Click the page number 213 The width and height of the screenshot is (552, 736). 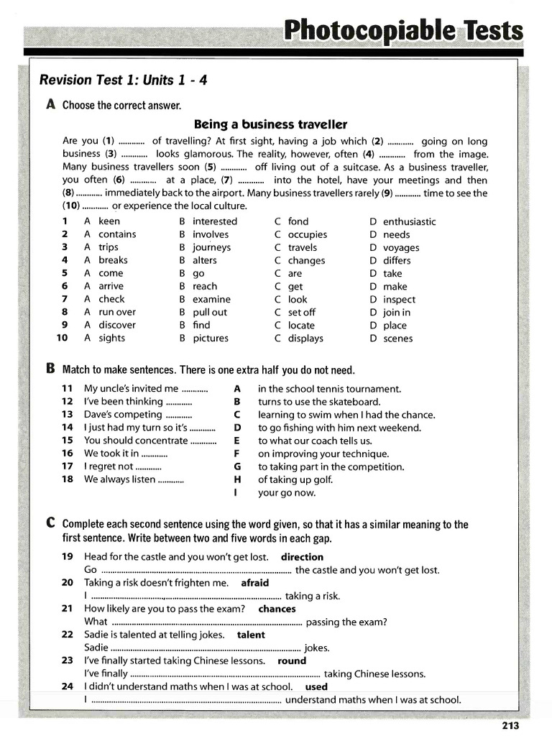(x=510, y=725)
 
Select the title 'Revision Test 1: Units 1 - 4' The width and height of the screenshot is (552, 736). (x=123, y=80)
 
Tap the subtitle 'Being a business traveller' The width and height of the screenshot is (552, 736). (x=270, y=124)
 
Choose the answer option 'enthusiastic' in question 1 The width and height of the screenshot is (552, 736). (x=409, y=221)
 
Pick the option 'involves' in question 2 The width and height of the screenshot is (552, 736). (x=211, y=234)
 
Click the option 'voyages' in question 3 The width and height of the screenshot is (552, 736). (x=401, y=247)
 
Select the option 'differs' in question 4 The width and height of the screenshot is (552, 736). (x=397, y=260)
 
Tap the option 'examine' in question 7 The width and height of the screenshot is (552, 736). (x=211, y=299)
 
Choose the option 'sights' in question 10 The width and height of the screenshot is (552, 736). (x=111, y=338)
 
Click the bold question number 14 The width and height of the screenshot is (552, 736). (x=68, y=428)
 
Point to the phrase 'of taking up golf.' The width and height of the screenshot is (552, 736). (x=297, y=479)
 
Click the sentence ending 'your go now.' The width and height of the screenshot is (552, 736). (x=287, y=492)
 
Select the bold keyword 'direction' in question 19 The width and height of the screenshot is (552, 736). (x=302, y=557)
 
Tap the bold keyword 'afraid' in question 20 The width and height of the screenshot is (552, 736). (x=254, y=583)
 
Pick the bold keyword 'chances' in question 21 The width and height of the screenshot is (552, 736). (x=277, y=609)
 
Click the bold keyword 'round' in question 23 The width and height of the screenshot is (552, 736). (x=292, y=661)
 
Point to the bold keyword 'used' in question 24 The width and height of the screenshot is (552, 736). (x=316, y=686)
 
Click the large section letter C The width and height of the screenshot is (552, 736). (x=50, y=524)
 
